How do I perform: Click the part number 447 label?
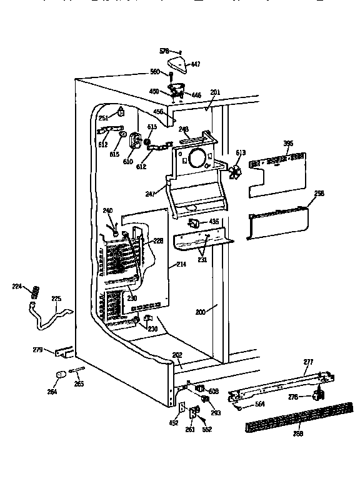tap(195, 64)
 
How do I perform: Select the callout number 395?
tap(287, 144)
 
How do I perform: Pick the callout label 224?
tap(17, 287)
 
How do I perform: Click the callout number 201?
tap(215, 93)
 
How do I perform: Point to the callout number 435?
tap(214, 222)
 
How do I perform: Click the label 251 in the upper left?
tap(104, 118)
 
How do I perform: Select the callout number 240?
tap(108, 210)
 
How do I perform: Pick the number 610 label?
tap(128, 161)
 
